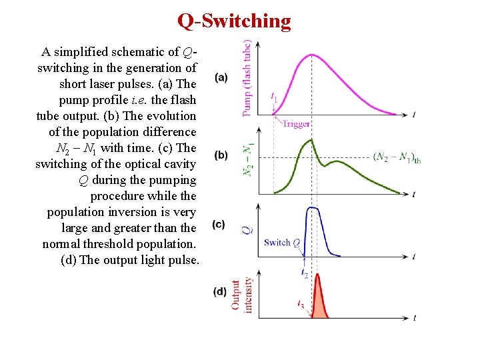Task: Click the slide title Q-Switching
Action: tap(234, 21)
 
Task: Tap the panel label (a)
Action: tap(221, 77)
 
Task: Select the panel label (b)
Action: tap(221, 155)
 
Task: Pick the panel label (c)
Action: tap(218, 225)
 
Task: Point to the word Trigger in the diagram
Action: tap(296, 124)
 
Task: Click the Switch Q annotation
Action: tap(281, 243)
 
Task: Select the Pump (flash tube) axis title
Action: tap(247, 79)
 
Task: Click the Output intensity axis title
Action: tap(241, 294)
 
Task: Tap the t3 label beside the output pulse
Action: tap(301, 303)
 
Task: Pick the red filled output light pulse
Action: tap(319, 300)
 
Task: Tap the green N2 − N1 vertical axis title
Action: tap(247, 161)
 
